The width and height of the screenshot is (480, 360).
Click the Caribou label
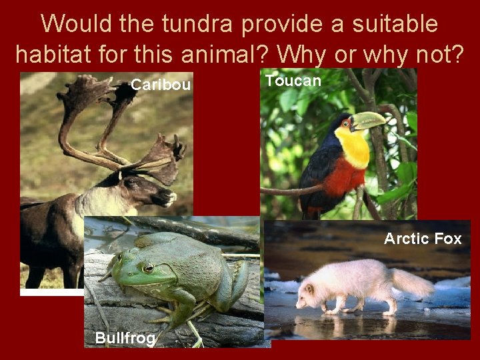pos(161,85)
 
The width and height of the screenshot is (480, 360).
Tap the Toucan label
pos(293,81)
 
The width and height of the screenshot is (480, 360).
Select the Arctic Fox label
pos(423,239)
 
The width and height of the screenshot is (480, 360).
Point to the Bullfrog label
pos(125,338)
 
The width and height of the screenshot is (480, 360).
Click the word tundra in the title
pos(196,24)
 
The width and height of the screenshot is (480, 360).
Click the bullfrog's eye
pos(148,267)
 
